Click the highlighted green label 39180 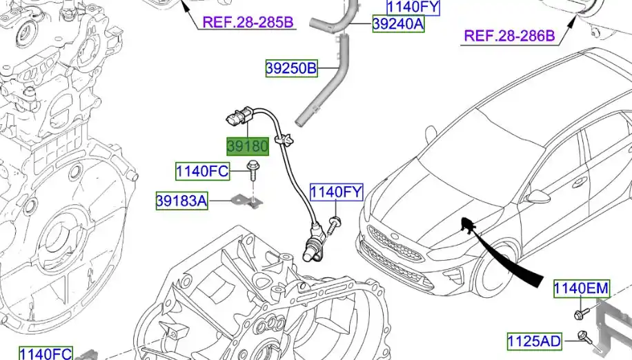[248, 147]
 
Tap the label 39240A [398, 25]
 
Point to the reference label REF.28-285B [248, 22]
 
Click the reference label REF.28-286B [510, 35]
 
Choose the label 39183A [181, 201]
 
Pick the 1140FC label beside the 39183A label [201, 170]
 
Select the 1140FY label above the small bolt [335, 192]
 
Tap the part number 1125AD [535, 341]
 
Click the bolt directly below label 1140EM [579, 314]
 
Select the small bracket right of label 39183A [249, 201]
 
